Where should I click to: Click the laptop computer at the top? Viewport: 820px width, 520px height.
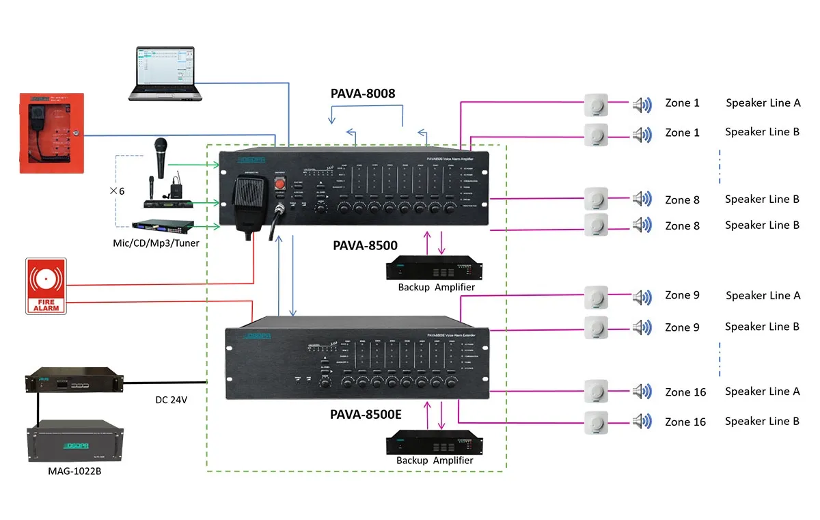[x=165, y=73]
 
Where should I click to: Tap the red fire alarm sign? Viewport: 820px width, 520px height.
[x=46, y=286]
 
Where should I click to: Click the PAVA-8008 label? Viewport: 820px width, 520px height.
[x=364, y=94]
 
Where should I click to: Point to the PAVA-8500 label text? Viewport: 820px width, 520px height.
[x=365, y=245]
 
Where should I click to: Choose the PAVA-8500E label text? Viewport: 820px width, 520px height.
[x=366, y=414]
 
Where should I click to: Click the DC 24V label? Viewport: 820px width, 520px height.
[x=172, y=400]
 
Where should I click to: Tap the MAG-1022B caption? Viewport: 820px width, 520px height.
[x=71, y=471]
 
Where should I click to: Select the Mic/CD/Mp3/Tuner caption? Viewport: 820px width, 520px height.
[x=156, y=243]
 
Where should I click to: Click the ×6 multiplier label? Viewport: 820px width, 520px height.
[x=117, y=191]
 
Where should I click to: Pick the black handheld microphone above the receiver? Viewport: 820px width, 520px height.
[x=161, y=157]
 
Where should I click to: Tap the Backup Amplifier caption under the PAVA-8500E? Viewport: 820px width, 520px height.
[x=435, y=461]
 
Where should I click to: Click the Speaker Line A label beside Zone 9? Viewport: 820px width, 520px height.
[x=763, y=296]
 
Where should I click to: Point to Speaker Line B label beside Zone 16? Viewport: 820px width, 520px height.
[x=762, y=422]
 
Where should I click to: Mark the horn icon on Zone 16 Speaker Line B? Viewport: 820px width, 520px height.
[x=642, y=422]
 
